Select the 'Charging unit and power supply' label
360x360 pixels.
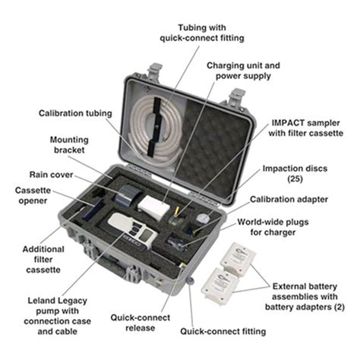click(245, 71)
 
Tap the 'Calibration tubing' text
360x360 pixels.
click(75, 113)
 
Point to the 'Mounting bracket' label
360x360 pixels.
click(69, 146)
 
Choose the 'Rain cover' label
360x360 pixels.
click(51, 174)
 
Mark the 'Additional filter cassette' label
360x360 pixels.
click(43, 260)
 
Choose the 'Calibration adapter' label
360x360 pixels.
click(299, 200)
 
